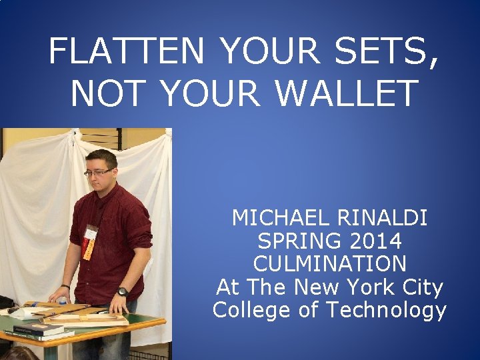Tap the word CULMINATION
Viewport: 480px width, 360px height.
pos(329,263)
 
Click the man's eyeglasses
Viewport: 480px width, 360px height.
pos(98,173)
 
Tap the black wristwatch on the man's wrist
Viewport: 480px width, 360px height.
pos(122,291)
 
